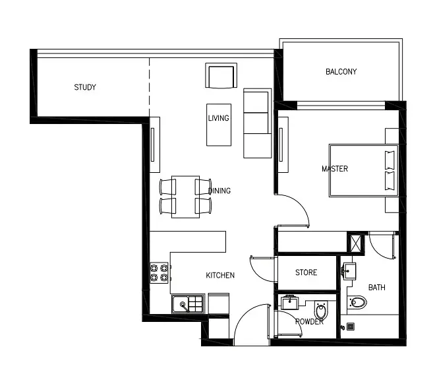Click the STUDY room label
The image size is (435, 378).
(x=85, y=87)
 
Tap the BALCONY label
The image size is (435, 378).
(x=341, y=72)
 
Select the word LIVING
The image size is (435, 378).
(x=219, y=118)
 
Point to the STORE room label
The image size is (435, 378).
(x=306, y=272)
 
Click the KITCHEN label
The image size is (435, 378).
(x=220, y=275)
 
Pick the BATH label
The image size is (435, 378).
(x=377, y=288)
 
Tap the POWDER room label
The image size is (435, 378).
(x=309, y=322)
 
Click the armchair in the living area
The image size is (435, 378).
(x=221, y=76)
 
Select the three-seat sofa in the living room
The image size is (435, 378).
(x=258, y=123)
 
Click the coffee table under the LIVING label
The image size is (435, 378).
(x=219, y=125)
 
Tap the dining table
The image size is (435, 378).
(x=185, y=197)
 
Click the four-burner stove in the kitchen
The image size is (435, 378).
(x=159, y=272)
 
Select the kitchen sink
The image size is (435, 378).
(x=188, y=304)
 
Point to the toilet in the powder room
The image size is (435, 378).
(x=321, y=310)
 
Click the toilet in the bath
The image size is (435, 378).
(x=357, y=302)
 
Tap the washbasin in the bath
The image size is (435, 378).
(x=349, y=270)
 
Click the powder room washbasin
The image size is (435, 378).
(x=290, y=302)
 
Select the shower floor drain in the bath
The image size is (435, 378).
(x=351, y=327)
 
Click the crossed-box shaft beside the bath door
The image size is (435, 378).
(x=356, y=243)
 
